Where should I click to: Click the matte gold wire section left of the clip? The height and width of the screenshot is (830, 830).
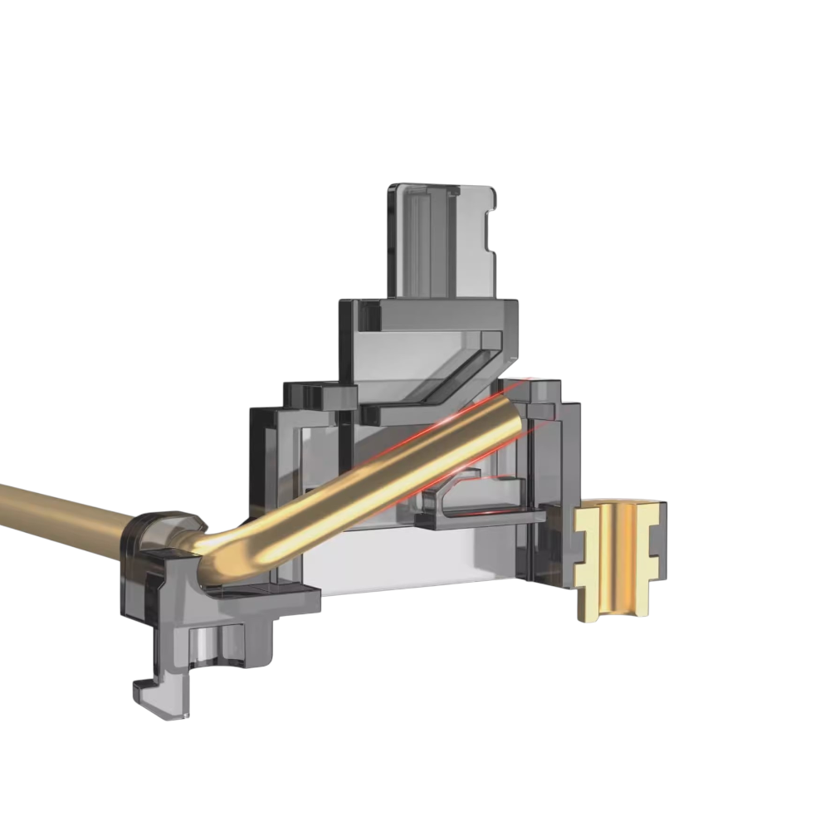click(58, 510)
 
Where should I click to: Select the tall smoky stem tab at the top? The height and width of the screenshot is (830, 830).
click(440, 241)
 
